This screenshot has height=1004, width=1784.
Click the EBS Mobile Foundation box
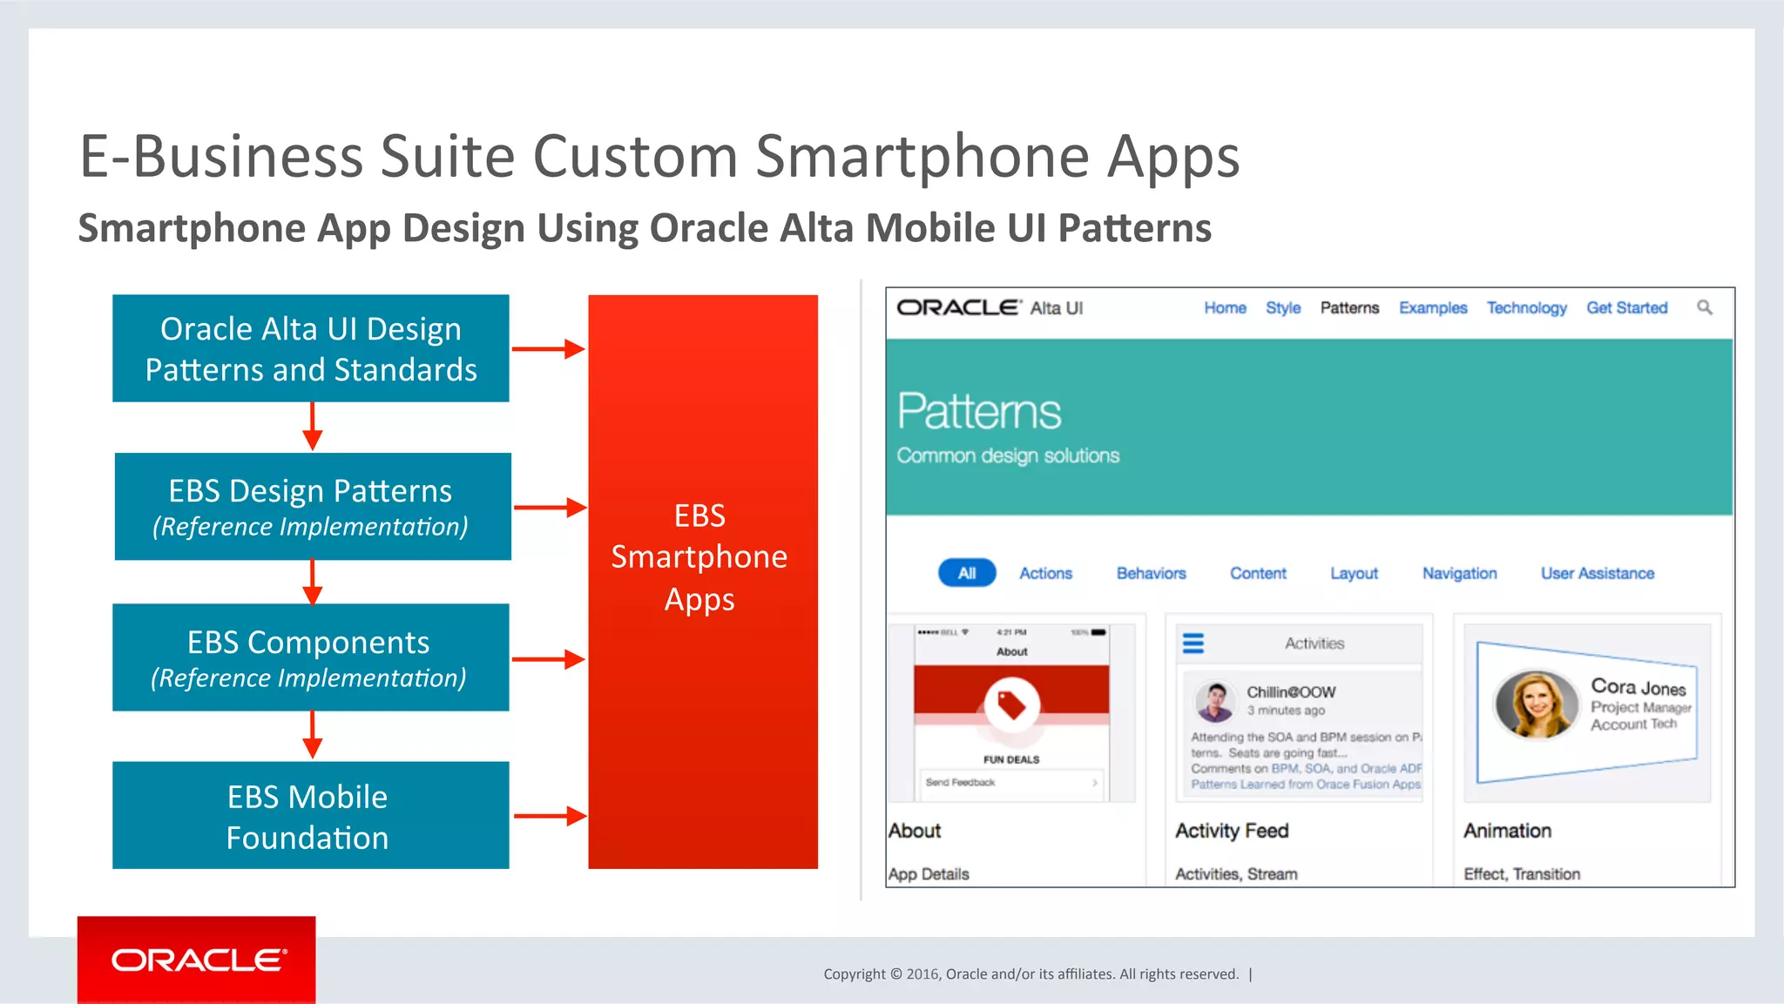tap(310, 815)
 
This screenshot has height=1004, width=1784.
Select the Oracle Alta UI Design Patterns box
tap(310, 348)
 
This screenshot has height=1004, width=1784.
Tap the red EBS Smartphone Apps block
tap(702, 581)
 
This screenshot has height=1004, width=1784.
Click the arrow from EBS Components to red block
tap(548, 659)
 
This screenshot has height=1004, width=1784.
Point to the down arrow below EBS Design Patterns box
tap(312, 582)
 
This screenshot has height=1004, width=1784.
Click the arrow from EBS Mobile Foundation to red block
tap(550, 816)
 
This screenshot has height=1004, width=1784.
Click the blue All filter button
tap(966, 573)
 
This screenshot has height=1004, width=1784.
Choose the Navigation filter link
tap(1459, 573)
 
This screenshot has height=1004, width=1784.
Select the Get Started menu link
tap(1626, 307)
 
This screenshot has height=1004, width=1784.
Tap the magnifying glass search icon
tap(1705, 307)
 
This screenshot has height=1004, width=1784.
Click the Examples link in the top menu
tap(1433, 307)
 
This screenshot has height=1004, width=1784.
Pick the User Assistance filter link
tap(1597, 573)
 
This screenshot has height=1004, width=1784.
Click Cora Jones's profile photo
tap(1536, 704)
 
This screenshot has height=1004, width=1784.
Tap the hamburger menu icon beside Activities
tap(1193, 644)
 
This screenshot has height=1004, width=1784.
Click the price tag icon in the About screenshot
tap(1011, 704)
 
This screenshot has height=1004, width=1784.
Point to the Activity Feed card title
tap(1232, 831)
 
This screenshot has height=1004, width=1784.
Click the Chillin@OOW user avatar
tap(1215, 701)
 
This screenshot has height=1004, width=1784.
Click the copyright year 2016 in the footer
tap(922, 974)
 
